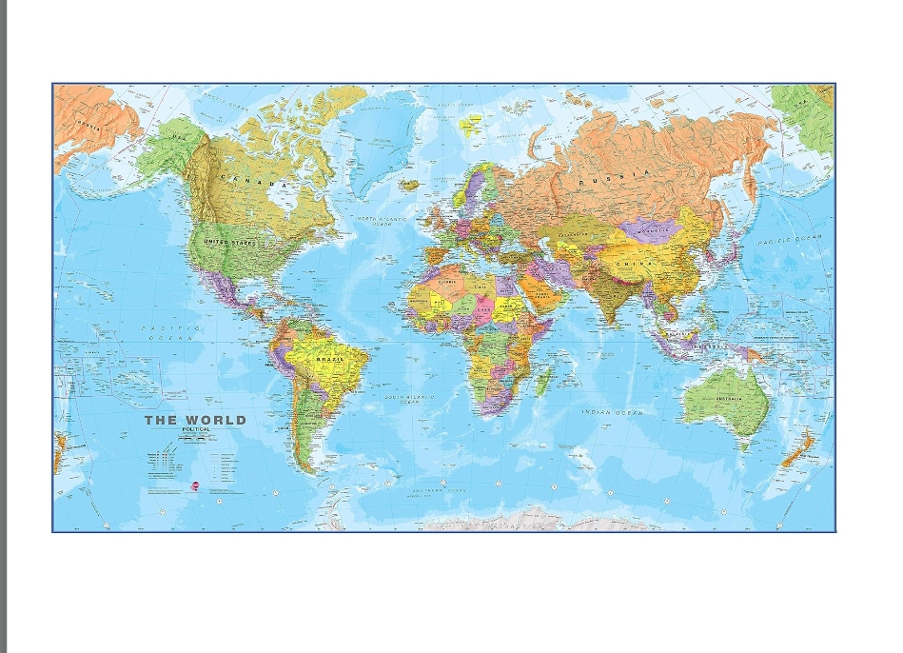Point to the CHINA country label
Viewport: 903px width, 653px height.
coord(629,263)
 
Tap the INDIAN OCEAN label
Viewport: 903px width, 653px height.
coord(613,412)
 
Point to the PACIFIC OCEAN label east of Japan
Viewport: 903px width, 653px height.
coord(788,240)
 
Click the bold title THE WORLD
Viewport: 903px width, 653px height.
coord(195,420)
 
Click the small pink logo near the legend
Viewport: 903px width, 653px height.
coord(195,485)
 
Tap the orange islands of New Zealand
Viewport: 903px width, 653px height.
coord(797,449)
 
